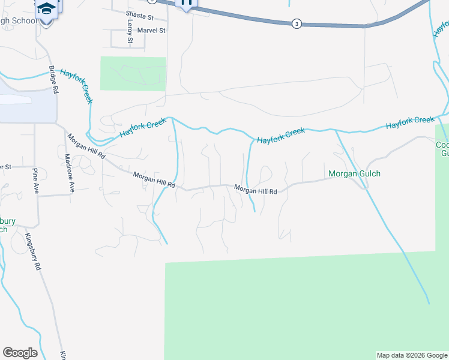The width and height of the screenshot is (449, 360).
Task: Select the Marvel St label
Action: (151, 30)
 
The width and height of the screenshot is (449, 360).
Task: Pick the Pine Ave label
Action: (35, 178)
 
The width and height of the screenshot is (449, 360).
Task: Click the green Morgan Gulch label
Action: (355, 174)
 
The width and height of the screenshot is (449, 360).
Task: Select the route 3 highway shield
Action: (296, 23)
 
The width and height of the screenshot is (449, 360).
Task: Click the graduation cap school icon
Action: (46, 8)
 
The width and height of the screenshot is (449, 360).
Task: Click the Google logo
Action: (20, 353)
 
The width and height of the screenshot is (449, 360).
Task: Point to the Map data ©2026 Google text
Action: (412, 355)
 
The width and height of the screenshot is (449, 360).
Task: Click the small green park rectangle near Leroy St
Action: (133, 73)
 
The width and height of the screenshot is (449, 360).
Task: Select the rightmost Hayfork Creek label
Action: (410, 122)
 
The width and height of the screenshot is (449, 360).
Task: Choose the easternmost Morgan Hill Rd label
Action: (255, 190)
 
